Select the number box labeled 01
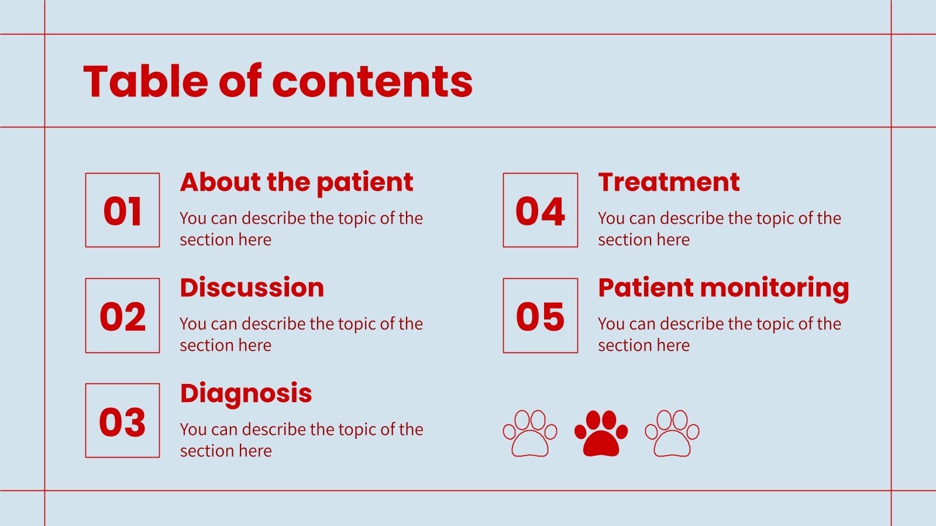pyautogui.click(x=122, y=210)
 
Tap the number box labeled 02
pyautogui.click(x=122, y=316)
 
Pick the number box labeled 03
pyautogui.click(x=122, y=421)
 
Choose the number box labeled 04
pyautogui.click(x=540, y=210)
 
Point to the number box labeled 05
pyautogui.click(x=540, y=316)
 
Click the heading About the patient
pyautogui.click(x=296, y=182)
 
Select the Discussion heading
pyautogui.click(x=252, y=288)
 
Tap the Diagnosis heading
pyautogui.click(x=246, y=393)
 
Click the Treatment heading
pyautogui.click(x=669, y=182)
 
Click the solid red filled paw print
pyautogui.click(x=601, y=434)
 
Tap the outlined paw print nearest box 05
pyautogui.click(x=530, y=434)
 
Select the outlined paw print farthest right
pyautogui.click(x=672, y=434)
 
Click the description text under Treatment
pyautogui.click(x=719, y=229)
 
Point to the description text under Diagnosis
pyautogui.click(x=301, y=440)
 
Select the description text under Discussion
pyautogui.click(x=301, y=334)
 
